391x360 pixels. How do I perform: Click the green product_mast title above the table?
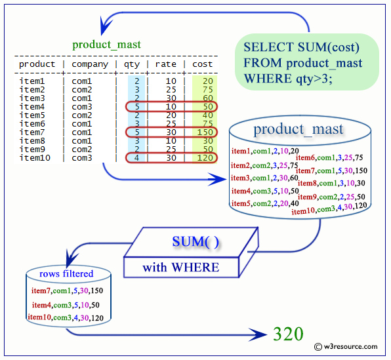click(x=106, y=45)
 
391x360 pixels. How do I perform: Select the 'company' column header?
click(x=90, y=64)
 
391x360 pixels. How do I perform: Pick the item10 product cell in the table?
click(x=34, y=158)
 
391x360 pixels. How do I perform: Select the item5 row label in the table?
click(x=32, y=115)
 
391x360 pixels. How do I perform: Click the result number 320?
click(x=288, y=334)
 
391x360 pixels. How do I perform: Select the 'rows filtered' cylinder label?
click(x=66, y=273)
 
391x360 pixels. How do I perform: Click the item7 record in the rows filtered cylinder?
click(x=68, y=290)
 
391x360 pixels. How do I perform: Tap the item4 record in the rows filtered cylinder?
click(x=67, y=305)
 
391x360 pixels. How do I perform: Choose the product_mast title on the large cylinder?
click(x=298, y=129)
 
